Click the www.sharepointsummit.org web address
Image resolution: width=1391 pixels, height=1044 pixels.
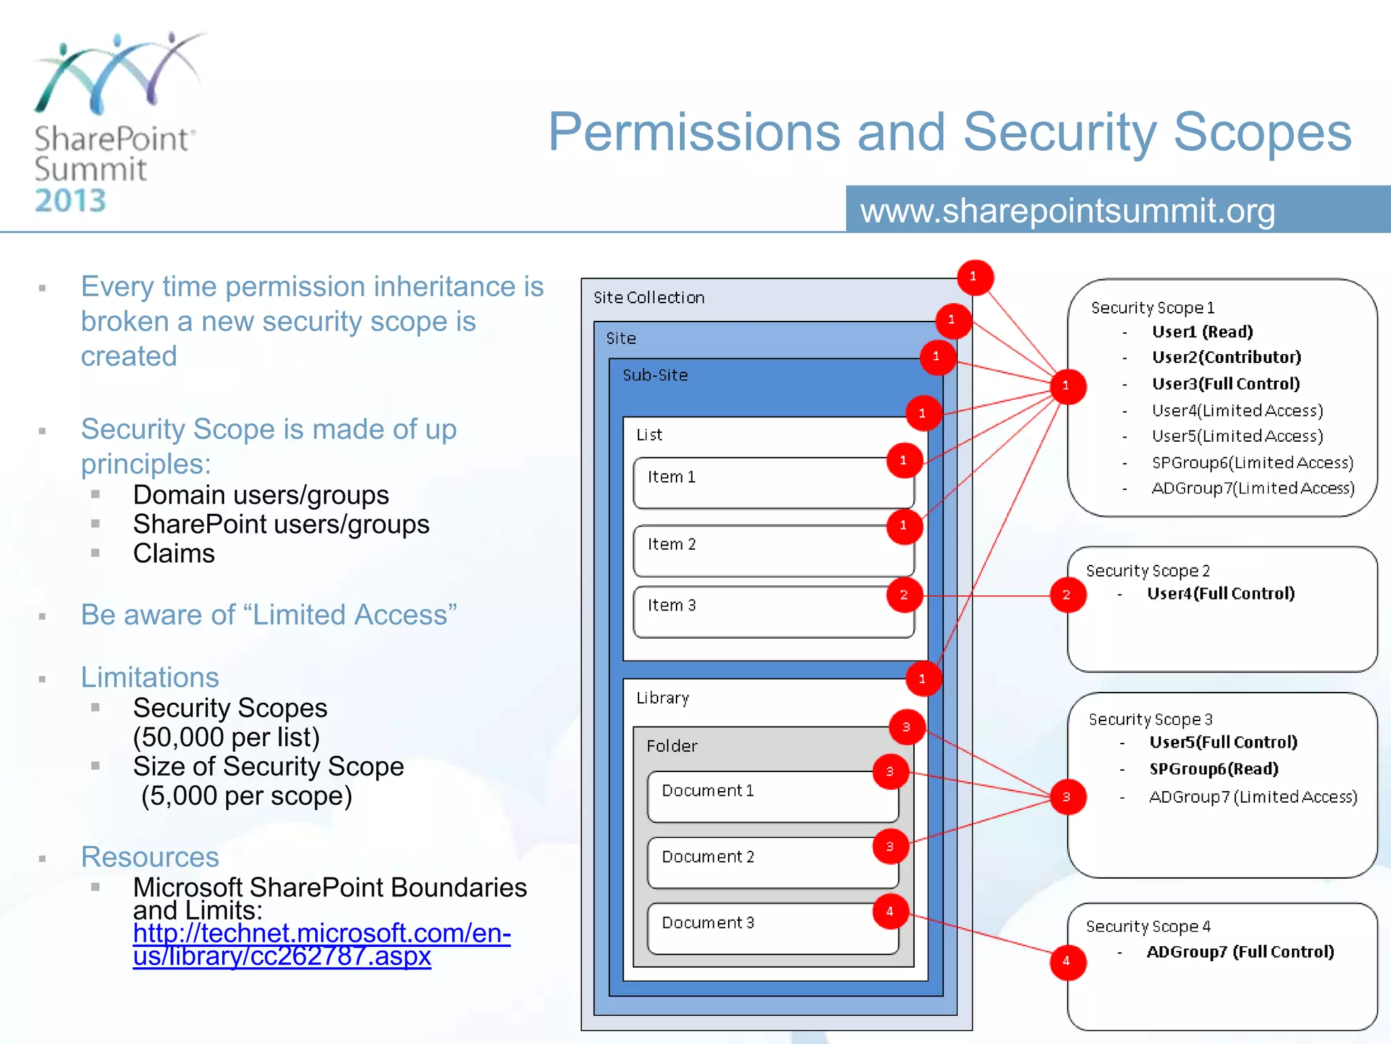pos(1068,211)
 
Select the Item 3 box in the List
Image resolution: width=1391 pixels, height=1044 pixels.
pos(773,612)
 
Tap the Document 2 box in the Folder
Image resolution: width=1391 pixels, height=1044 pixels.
pos(773,863)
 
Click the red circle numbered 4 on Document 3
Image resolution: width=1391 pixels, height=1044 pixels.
pos(890,911)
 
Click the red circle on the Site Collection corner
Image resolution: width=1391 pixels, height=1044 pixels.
pos(975,277)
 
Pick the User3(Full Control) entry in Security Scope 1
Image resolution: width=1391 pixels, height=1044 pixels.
pos(1225,384)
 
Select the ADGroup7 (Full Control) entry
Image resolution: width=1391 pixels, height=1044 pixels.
pos(1240,952)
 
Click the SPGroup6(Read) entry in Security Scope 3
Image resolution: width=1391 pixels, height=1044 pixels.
pos(1214,769)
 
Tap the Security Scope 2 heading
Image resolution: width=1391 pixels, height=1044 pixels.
pos(1148,571)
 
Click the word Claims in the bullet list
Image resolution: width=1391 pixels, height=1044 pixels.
pos(174,553)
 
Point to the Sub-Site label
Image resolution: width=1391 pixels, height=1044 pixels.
pos(655,375)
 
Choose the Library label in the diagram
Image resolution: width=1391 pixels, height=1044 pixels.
pos(663,698)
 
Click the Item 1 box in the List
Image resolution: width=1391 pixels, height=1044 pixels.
pos(773,483)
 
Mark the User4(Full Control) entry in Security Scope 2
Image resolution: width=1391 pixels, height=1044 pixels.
pos(1221,593)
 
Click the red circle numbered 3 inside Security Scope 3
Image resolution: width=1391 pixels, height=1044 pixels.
pos(1067,797)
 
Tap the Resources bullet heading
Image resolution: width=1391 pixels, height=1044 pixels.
pos(150,857)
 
